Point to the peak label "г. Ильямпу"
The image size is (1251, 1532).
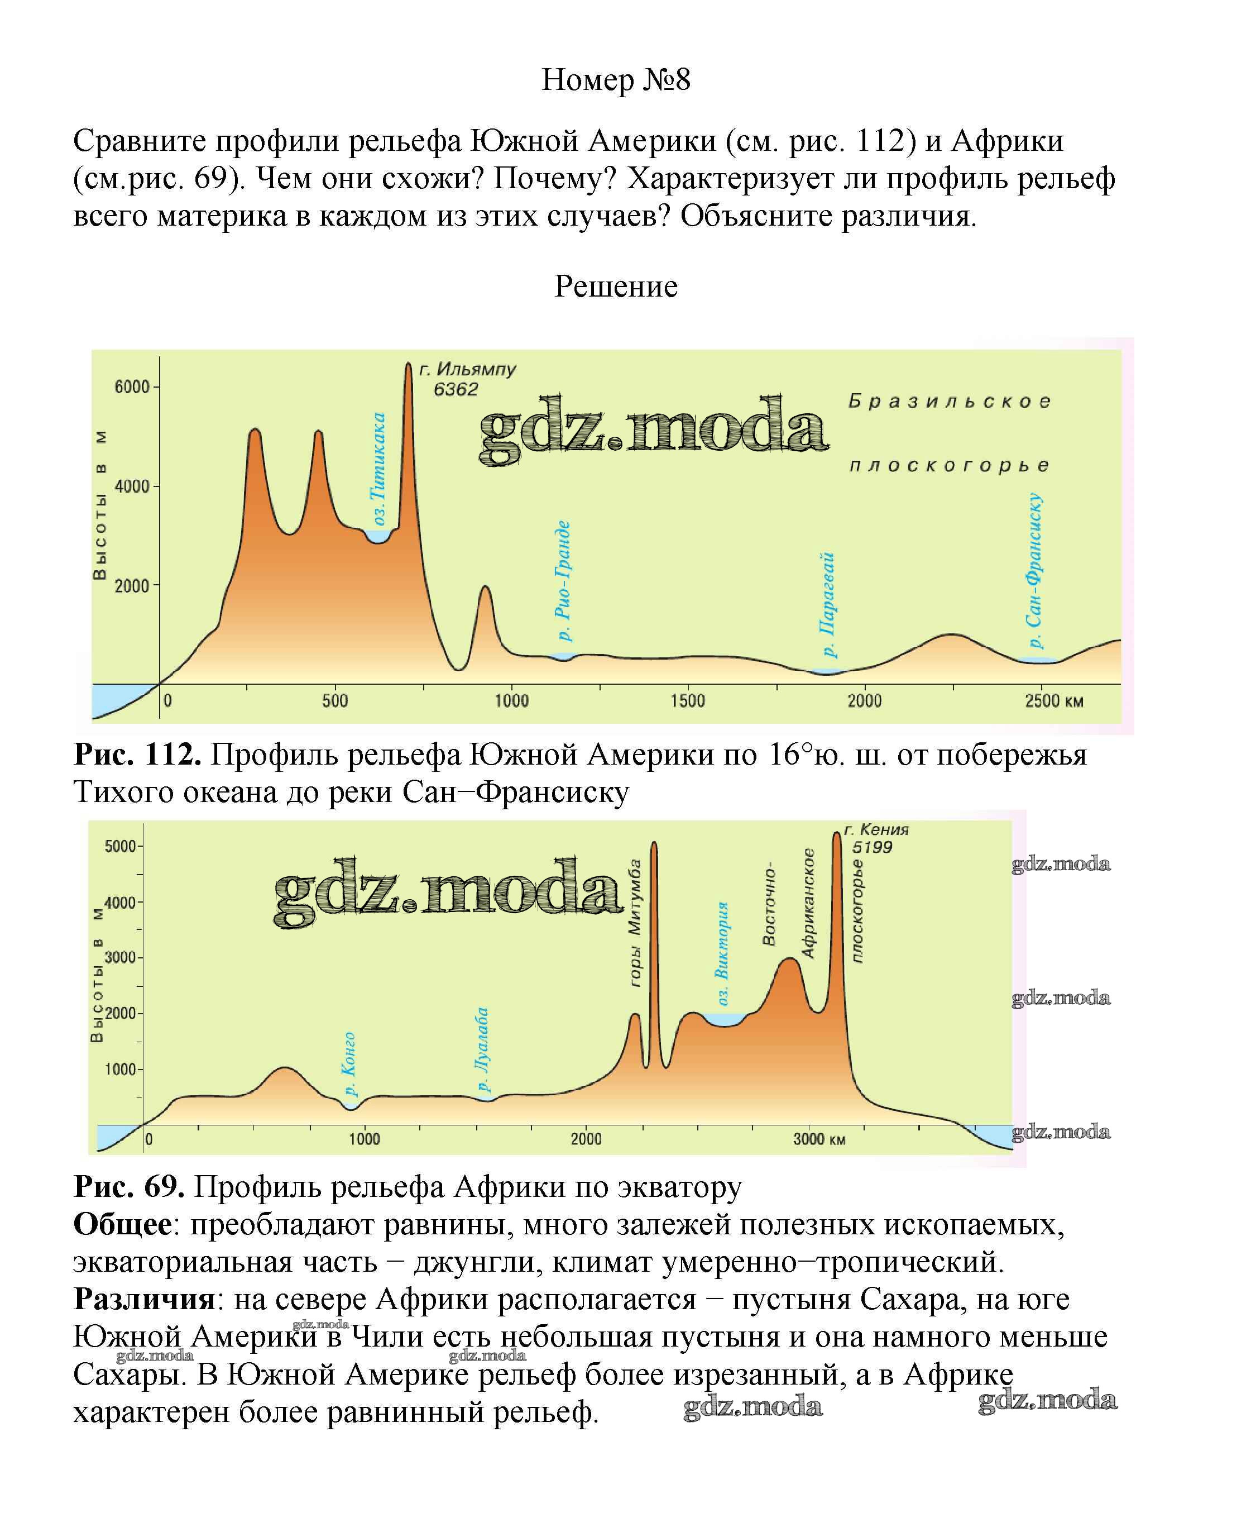(x=468, y=369)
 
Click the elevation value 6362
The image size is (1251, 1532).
(x=456, y=390)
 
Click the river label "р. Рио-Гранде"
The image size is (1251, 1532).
(x=563, y=581)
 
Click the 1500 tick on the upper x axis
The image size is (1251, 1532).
(x=688, y=701)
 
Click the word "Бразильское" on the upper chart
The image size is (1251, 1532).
(x=950, y=402)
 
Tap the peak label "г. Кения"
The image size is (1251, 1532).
(x=876, y=830)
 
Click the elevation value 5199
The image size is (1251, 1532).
(x=872, y=847)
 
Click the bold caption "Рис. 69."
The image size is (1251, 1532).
(x=129, y=1187)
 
